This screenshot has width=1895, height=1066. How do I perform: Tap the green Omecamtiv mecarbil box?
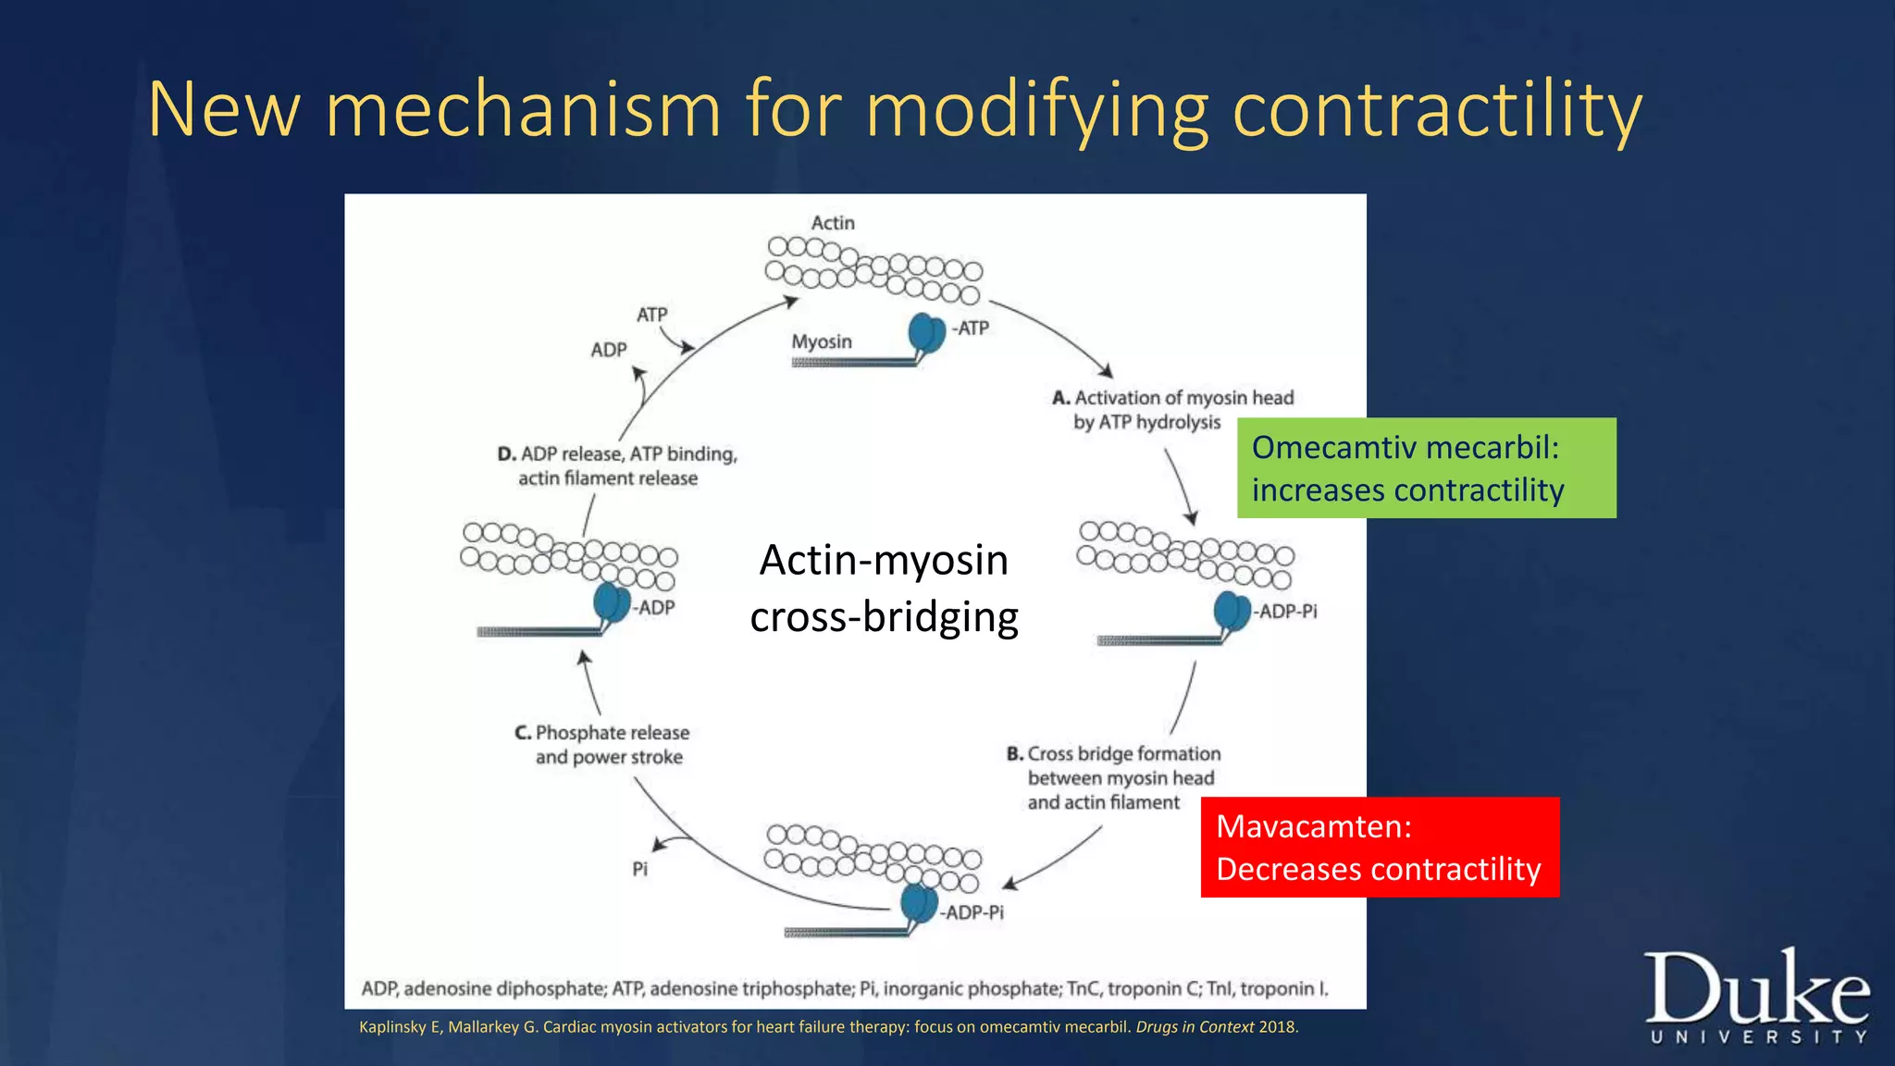coord(1426,468)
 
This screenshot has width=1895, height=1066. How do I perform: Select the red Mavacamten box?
coord(1379,847)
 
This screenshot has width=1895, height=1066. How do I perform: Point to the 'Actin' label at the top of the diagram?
coord(833,223)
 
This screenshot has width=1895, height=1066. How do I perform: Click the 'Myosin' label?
coord(822,341)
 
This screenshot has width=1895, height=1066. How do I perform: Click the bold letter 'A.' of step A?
coord(1061,398)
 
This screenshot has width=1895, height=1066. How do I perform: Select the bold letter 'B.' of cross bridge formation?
coord(1015,754)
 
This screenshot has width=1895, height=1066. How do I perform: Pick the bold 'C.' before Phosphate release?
coord(523,733)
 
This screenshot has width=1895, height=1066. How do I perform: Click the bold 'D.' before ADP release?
coord(507,454)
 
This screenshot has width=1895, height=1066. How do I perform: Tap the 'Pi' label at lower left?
coord(639,869)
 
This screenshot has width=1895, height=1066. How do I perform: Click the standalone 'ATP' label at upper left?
coord(651,315)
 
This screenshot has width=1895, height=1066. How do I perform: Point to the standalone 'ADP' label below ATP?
coord(609,350)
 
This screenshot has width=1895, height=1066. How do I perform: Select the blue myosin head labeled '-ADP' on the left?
coord(611,602)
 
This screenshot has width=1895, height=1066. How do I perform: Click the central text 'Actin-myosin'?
coord(884,560)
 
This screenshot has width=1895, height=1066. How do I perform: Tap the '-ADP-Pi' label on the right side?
coord(1285,612)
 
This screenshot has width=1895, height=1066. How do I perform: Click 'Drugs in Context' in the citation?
coord(1195,1027)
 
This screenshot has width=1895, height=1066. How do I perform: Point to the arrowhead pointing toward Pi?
coord(658,844)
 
